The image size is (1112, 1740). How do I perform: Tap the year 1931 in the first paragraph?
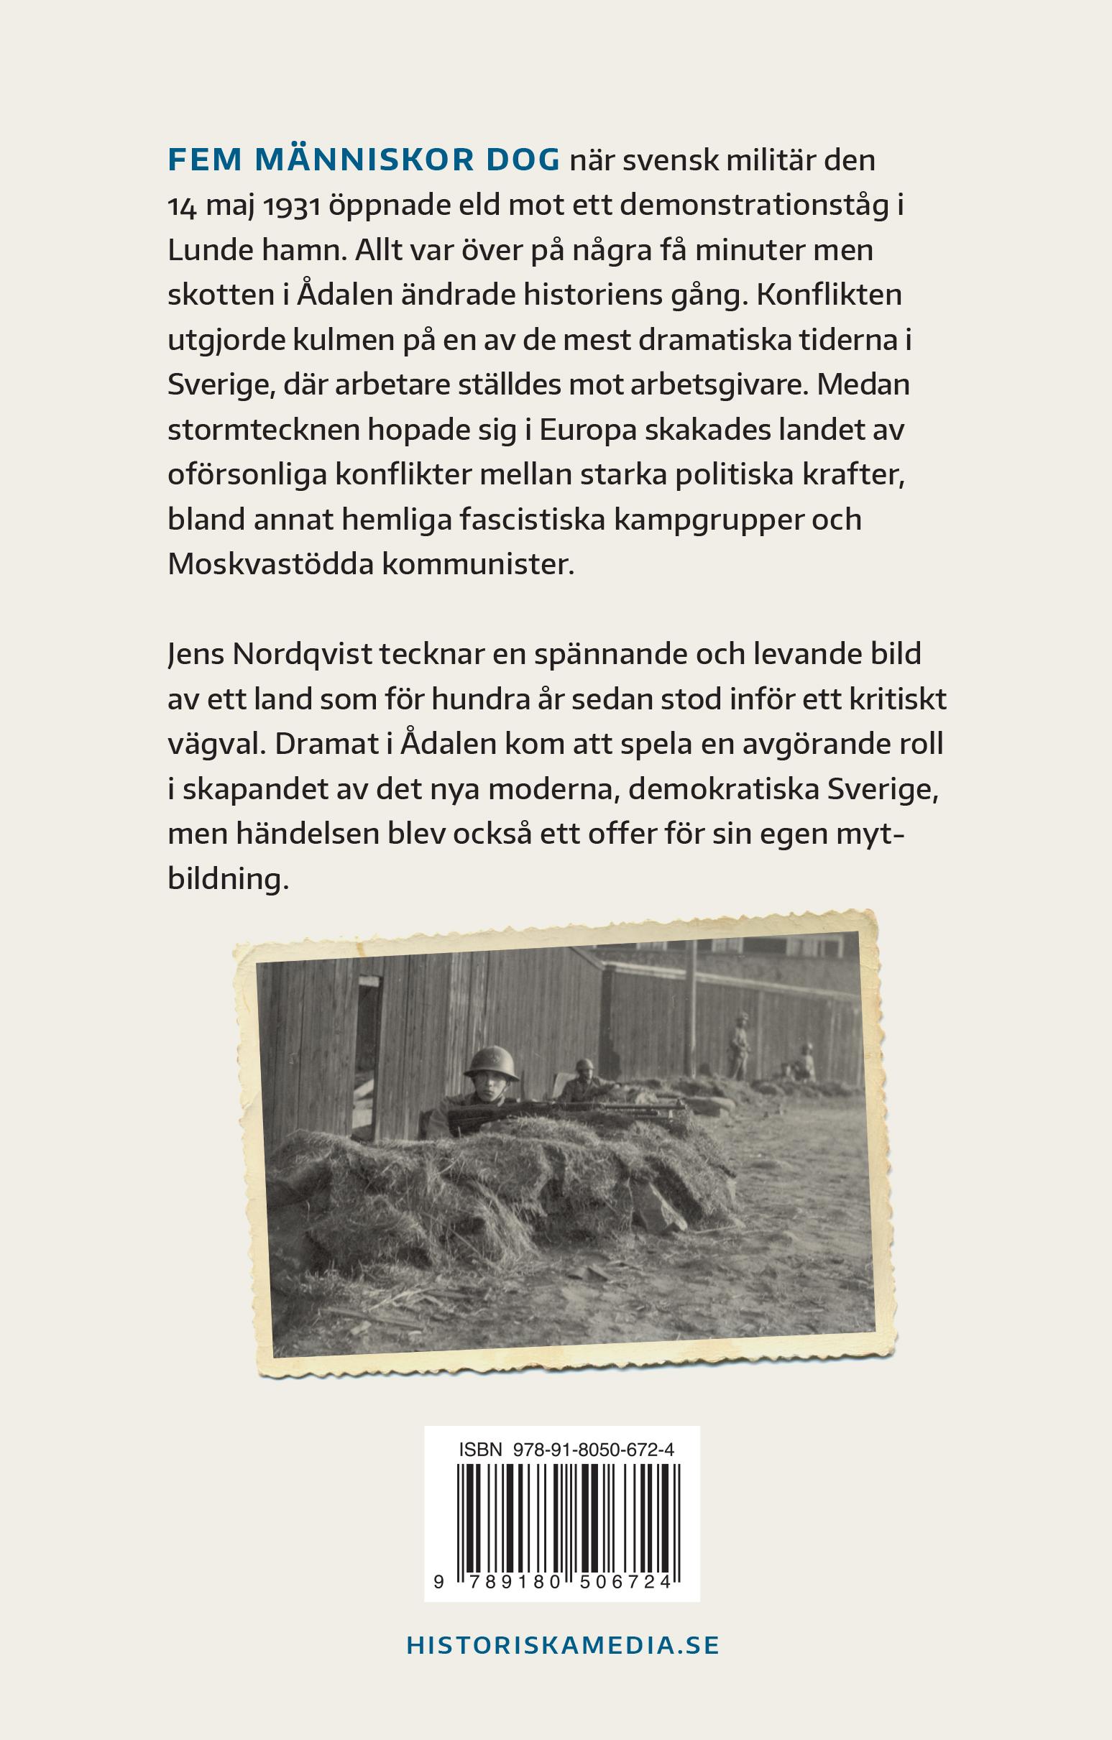291,206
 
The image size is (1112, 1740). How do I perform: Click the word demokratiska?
722,789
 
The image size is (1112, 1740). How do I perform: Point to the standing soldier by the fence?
740,1046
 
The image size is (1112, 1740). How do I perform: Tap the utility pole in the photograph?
692,1012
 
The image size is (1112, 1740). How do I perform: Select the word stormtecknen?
262,429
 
